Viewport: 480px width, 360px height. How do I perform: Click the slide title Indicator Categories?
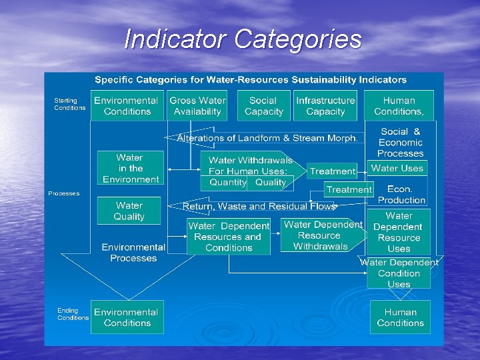point(243,39)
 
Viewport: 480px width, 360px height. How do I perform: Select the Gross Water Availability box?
point(197,106)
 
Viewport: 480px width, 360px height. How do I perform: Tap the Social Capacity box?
point(263,106)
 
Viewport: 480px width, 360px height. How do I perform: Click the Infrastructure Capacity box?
point(325,106)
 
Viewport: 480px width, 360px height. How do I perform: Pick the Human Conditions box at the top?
point(399,106)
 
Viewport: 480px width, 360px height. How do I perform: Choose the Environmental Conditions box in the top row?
point(127,106)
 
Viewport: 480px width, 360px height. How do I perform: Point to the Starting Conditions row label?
point(69,104)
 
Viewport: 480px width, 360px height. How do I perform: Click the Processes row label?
point(63,193)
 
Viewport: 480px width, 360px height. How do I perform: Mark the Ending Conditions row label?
point(73,314)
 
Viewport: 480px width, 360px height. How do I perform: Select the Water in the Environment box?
point(130,168)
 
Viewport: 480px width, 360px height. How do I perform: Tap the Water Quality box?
point(129,211)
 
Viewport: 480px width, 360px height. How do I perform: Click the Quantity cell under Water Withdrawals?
point(227,182)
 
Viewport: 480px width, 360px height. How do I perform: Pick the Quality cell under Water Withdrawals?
point(270,182)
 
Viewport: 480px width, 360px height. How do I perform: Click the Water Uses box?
point(397,169)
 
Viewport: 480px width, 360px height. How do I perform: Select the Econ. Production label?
point(401,194)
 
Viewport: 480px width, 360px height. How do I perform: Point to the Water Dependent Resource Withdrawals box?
point(321,235)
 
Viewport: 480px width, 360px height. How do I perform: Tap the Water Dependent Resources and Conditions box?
point(229,237)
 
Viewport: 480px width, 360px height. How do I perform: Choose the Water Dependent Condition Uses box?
point(399,273)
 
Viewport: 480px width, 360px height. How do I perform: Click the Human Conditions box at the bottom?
point(400,317)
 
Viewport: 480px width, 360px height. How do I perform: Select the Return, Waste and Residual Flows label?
point(259,207)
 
